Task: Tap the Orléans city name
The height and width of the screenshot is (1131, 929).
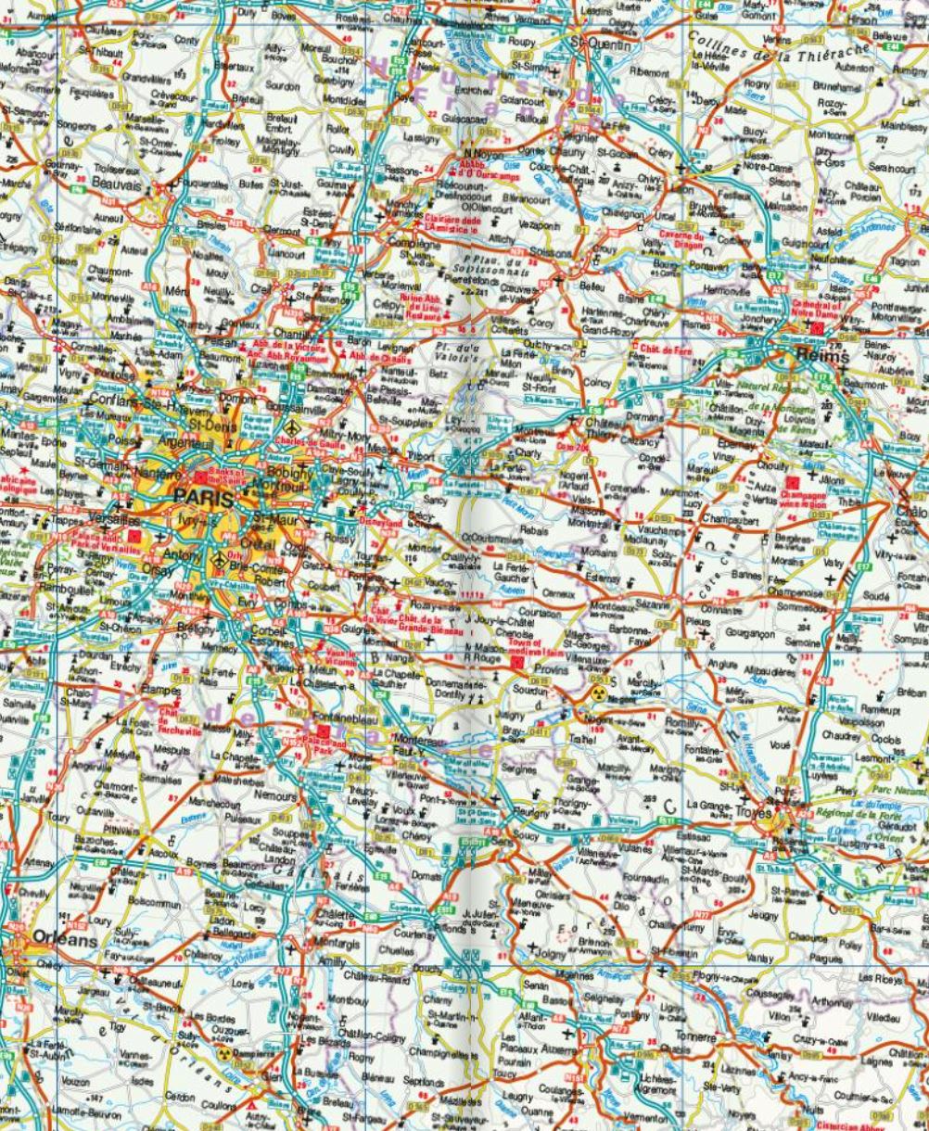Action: click(x=64, y=939)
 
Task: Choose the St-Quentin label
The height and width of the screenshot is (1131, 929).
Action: click(x=600, y=44)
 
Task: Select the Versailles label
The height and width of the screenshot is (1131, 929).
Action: click(x=116, y=520)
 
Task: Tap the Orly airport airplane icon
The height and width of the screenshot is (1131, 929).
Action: click(x=220, y=558)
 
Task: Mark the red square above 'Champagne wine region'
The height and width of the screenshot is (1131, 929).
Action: click(x=792, y=483)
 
